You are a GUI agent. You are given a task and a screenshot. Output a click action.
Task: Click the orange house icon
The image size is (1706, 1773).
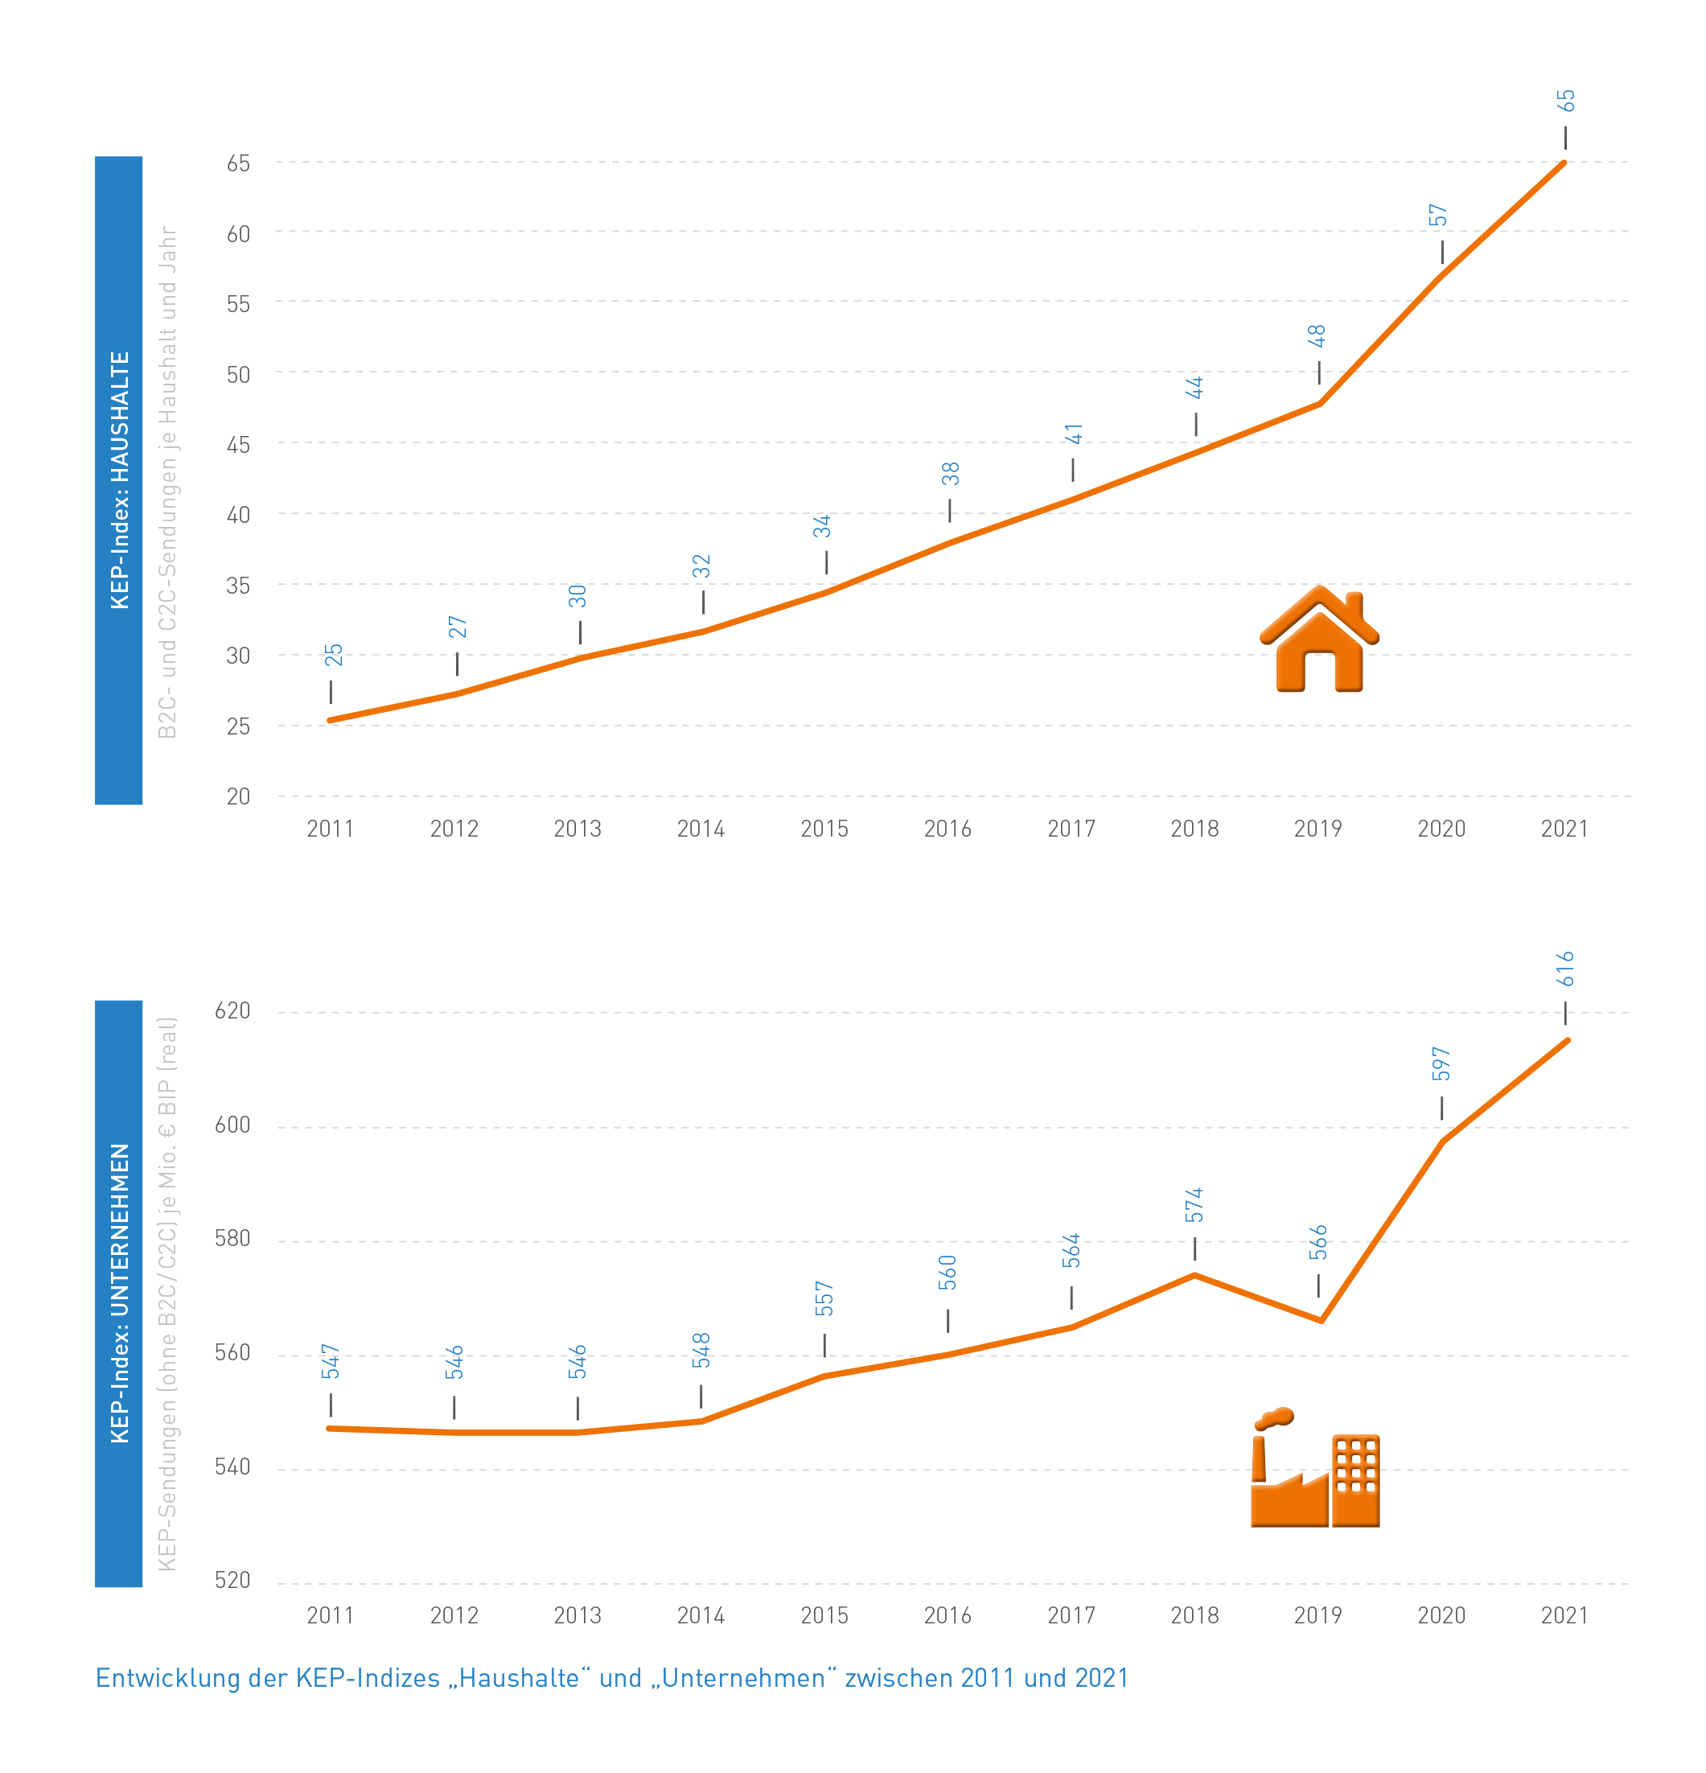point(1319,640)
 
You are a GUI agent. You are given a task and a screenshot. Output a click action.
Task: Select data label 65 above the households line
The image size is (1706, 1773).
point(1566,101)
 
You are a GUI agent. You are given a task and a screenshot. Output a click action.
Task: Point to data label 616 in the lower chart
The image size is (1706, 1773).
point(1566,969)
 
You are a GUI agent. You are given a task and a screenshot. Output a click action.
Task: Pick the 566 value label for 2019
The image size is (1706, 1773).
point(1319,1242)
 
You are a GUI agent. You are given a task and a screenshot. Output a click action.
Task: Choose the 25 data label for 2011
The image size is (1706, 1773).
point(334,655)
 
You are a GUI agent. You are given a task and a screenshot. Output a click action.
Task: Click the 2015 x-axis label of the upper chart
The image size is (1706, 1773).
point(824,829)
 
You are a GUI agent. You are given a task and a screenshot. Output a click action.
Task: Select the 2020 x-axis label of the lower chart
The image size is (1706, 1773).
point(1441,1615)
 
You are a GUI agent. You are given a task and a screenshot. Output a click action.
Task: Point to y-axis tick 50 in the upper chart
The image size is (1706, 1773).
point(238,375)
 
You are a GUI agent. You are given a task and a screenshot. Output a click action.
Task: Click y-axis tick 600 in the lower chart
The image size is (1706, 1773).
point(232,1125)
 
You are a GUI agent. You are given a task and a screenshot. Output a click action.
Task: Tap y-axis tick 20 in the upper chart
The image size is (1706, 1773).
point(238,797)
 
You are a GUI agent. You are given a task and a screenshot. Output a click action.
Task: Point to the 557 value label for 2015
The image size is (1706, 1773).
point(824,1298)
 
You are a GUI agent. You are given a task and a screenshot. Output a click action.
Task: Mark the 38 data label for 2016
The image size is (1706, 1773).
point(951,474)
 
